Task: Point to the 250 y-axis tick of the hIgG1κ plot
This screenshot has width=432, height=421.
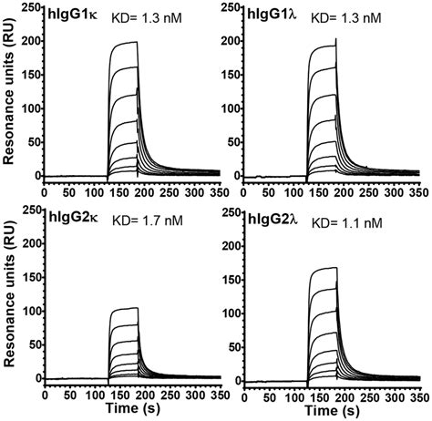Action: click(30, 7)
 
